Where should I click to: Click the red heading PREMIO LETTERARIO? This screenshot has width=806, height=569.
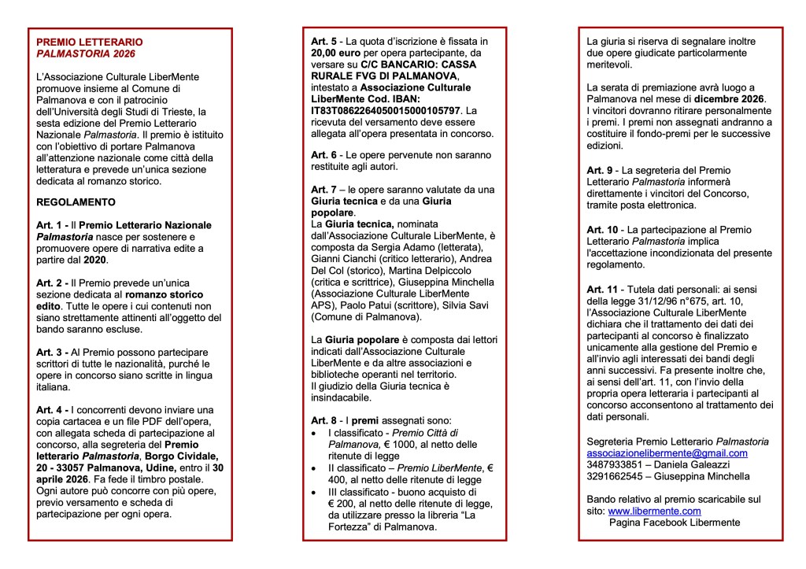point(90,42)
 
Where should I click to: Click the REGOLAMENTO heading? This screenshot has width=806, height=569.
point(72,201)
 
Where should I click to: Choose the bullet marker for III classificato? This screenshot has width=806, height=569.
point(315,492)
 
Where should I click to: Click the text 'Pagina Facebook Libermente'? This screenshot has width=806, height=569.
point(675,522)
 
